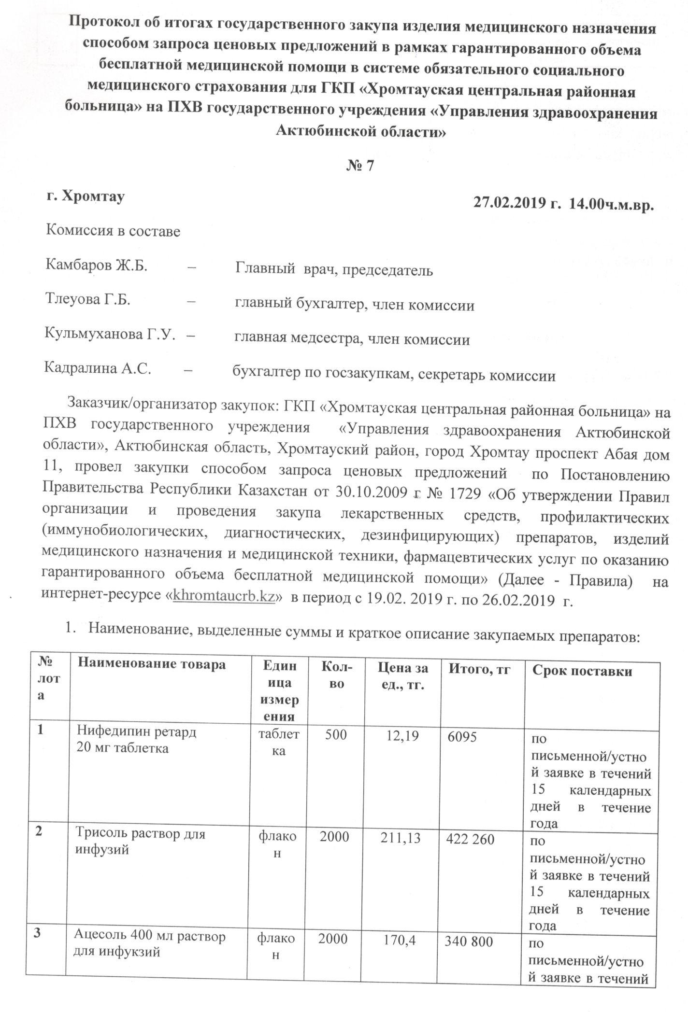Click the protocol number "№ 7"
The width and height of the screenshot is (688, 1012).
click(x=360, y=166)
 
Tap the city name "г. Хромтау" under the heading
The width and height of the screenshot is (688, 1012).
click(x=86, y=197)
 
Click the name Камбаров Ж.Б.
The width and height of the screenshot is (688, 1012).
click(x=97, y=266)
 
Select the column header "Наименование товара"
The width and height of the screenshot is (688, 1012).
click(x=152, y=665)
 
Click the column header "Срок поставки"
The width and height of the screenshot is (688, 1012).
click(x=582, y=671)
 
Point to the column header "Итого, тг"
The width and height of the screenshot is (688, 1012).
click(x=480, y=669)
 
